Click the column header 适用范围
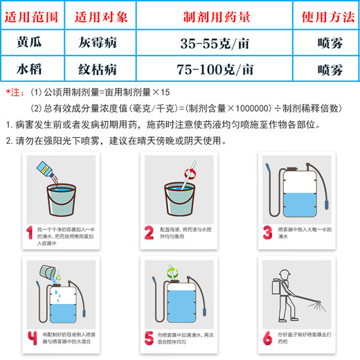pyautogui.click(x=34, y=15)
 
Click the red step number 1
pyautogui.click(x=29, y=232)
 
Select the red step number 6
pyautogui.click(x=267, y=337)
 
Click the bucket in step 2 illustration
pyautogui.click(x=181, y=197)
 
